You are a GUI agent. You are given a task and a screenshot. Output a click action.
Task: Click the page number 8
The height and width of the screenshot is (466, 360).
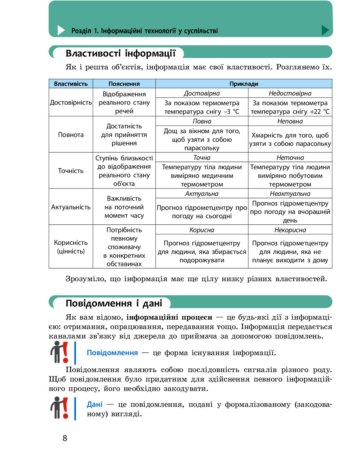click(x=65, y=438)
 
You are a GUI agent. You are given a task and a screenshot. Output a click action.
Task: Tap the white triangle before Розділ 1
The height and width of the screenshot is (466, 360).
click(x=61, y=30)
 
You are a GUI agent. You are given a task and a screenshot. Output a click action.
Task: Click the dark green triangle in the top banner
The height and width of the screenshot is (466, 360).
click(x=325, y=30)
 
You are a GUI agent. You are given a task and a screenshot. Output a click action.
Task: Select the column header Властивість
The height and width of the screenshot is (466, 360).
click(x=71, y=84)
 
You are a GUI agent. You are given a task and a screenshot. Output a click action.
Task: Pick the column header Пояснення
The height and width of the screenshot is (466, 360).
click(x=124, y=84)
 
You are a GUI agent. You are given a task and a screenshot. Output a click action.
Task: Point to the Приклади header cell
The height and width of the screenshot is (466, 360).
click(x=244, y=84)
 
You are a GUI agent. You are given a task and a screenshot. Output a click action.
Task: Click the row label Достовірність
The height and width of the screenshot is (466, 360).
click(x=71, y=103)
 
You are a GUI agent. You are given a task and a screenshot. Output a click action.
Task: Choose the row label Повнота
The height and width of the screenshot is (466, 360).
click(x=71, y=135)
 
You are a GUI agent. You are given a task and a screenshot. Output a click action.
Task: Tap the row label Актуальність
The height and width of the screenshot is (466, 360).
click(x=71, y=207)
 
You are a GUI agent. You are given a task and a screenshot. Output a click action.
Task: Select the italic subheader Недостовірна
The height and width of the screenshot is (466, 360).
click(x=290, y=93)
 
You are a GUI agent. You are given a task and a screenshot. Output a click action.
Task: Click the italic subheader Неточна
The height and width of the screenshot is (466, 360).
click(x=290, y=157)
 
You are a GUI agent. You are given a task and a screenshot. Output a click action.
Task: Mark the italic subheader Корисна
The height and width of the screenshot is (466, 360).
click(x=202, y=230)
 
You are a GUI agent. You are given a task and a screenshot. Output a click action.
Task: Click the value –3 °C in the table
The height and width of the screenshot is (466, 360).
click(x=231, y=112)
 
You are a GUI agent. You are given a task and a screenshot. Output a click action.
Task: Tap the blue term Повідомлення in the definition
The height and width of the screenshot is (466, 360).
click(x=112, y=353)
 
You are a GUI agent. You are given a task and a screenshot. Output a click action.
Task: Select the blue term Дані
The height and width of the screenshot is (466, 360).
click(x=95, y=404)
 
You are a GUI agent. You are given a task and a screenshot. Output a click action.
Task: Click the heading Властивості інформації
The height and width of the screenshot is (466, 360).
click(x=120, y=53)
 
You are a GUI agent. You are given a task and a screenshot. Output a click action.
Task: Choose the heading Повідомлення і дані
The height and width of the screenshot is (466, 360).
click(x=114, y=303)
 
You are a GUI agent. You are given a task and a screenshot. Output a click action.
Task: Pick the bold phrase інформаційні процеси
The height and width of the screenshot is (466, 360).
click(x=169, y=317)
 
